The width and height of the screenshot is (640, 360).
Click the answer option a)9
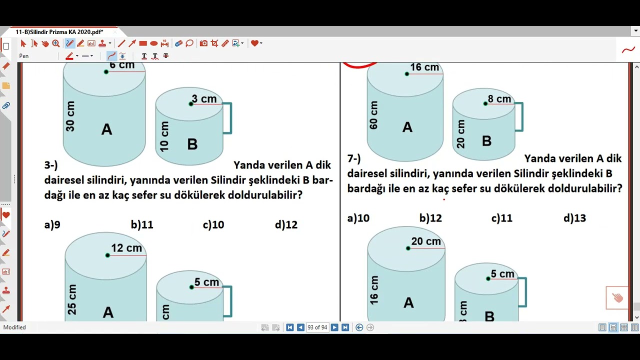click(52, 225)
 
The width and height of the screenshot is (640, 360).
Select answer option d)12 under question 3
click(286, 225)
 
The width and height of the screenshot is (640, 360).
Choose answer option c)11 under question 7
click(501, 218)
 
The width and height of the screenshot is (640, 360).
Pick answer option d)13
click(574, 218)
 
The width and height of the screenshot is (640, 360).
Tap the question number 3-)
click(51, 165)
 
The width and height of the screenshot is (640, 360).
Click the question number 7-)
click(354, 158)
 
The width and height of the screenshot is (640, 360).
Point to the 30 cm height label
click(70, 116)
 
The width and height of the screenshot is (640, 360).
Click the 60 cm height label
click(373, 115)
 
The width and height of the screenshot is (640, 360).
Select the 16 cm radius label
click(424, 67)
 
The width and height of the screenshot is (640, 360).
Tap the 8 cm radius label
click(499, 99)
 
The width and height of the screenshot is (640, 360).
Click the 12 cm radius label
click(126, 248)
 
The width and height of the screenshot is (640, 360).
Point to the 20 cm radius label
click(426, 241)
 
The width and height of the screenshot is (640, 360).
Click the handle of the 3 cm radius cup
click(228, 118)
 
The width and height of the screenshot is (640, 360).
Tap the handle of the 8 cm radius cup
click(519, 117)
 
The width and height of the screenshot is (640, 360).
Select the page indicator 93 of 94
click(317, 327)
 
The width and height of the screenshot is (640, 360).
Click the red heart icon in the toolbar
click(254, 43)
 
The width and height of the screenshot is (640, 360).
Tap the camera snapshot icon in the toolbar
click(203, 43)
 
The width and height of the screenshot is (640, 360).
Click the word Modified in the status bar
click(14, 327)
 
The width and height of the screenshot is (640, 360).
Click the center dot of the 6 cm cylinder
click(106, 72)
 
